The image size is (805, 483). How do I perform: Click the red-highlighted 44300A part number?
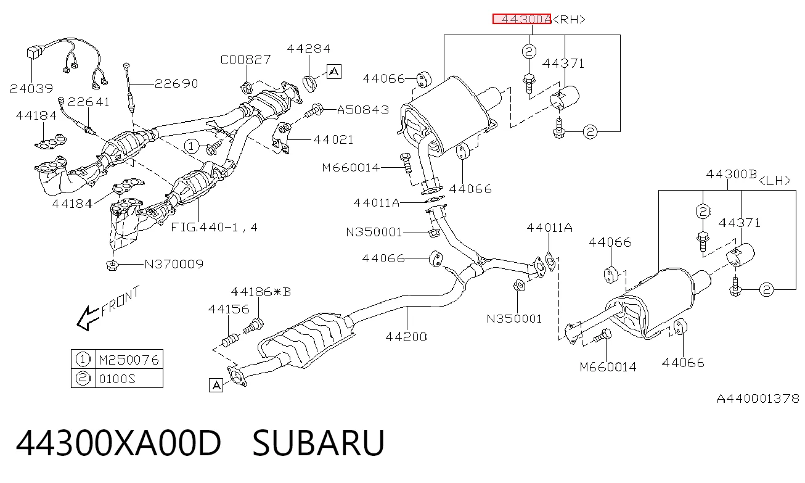(x=521, y=19)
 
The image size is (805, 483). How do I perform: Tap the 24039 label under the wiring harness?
(x=31, y=88)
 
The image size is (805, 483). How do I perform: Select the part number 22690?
(x=176, y=83)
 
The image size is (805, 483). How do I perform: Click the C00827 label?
(x=245, y=60)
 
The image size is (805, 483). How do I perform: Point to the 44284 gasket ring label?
(x=308, y=49)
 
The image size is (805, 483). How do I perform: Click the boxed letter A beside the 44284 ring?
(x=334, y=72)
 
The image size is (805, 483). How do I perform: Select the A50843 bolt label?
(x=363, y=110)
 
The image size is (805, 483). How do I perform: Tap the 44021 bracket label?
(x=333, y=139)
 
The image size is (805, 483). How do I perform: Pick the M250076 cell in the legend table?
(x=129, y=360)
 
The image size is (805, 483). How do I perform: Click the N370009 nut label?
(x=174, y=265)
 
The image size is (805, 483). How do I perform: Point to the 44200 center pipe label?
(x=406, y=337)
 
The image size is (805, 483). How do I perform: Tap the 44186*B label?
(x=261, y=292)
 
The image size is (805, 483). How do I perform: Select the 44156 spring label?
(x=229, y=309)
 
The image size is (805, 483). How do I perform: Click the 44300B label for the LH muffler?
(x=732, y=175)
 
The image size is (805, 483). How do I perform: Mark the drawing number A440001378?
(x=758, y=398)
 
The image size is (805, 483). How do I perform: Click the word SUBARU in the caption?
(x=319, y=442)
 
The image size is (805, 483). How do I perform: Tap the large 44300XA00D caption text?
(x=118, y=442)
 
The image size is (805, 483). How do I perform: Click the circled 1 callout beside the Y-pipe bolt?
(x=191, y=146)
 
